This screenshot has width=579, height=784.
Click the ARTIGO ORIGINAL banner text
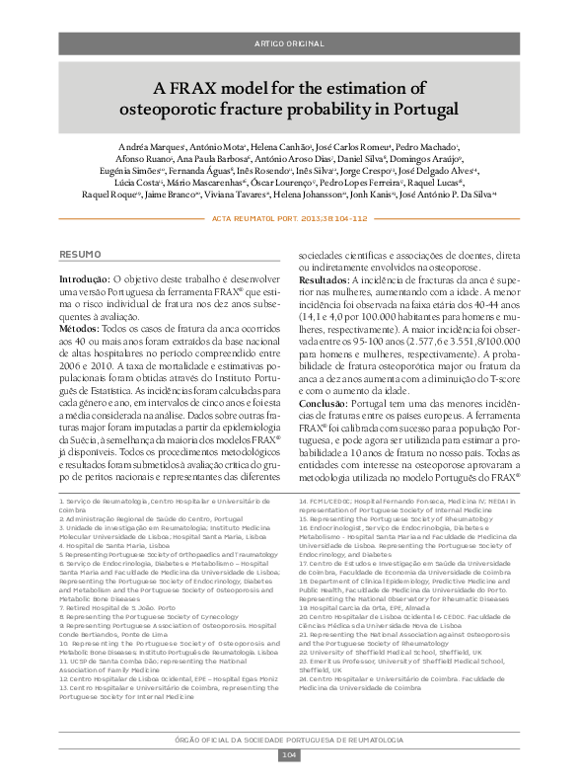[289, 44]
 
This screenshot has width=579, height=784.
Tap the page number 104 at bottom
[289, 755]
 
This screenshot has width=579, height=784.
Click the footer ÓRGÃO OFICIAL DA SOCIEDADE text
[289, 741]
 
